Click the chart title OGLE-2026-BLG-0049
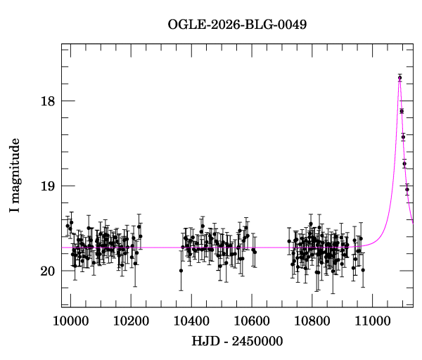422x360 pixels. [x=237, y=25]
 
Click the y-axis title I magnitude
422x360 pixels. [x=15, y=176]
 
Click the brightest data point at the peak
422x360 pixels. [x=399, y=77]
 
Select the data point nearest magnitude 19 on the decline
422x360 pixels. [x=407, y=189]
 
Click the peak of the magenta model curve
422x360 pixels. [x=399, y=81]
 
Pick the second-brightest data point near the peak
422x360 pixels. [x=402, y=111]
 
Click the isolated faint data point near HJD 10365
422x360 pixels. [x=181, y=270]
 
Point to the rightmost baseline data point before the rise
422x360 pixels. [x=363, y=269]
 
